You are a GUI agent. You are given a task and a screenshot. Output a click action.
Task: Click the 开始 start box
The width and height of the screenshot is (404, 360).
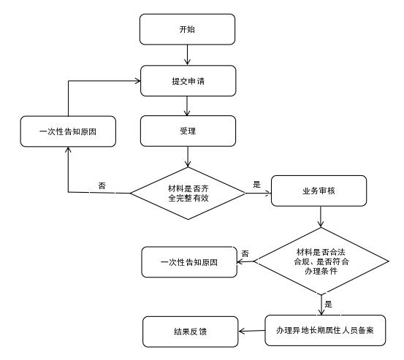coord(187,29)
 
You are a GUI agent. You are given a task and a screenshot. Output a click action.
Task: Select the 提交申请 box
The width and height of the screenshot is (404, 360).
coord(188,81)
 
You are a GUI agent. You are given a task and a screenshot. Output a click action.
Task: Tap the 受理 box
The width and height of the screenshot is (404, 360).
coord(188,131)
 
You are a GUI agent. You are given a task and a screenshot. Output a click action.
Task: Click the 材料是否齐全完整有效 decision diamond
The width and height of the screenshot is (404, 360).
coord(188,194)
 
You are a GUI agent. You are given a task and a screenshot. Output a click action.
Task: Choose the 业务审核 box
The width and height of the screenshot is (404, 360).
coord(319,191)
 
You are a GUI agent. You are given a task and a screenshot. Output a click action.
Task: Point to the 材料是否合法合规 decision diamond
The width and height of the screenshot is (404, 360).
coord(321,261)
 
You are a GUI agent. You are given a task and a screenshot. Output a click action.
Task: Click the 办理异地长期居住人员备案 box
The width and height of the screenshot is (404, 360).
coord(325,330)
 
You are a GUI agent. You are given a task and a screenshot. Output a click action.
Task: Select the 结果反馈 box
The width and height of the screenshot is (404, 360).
coord(191,332)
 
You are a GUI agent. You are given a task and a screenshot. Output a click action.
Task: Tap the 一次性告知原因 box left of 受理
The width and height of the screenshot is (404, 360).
coord(68,131)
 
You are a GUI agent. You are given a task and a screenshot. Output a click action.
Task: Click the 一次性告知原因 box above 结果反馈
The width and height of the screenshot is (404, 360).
coord(189,262)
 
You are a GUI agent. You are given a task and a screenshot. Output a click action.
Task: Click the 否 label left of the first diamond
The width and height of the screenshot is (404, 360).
coord(102,185)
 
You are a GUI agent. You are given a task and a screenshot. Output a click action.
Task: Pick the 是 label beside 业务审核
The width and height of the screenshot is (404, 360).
coord(256,184)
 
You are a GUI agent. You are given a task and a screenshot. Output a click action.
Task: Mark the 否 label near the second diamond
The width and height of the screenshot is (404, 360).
coord(245,253)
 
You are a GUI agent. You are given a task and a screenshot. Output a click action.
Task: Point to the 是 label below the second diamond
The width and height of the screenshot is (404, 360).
coord(328,304)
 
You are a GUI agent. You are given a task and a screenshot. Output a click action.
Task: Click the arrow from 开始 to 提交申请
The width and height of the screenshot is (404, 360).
coord(187,55)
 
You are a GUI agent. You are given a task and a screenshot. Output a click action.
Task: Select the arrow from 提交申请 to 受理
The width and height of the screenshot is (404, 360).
coord(187,106)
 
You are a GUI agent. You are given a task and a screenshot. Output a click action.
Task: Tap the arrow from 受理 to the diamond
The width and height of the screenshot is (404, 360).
coord(188,157)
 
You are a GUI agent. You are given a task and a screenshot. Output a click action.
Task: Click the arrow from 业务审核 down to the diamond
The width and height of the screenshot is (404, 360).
coord(321,217)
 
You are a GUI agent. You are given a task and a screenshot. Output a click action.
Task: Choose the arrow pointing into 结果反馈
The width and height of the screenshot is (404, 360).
coord(252,331)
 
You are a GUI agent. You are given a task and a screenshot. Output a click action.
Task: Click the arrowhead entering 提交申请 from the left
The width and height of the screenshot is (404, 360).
coord(138,81)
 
